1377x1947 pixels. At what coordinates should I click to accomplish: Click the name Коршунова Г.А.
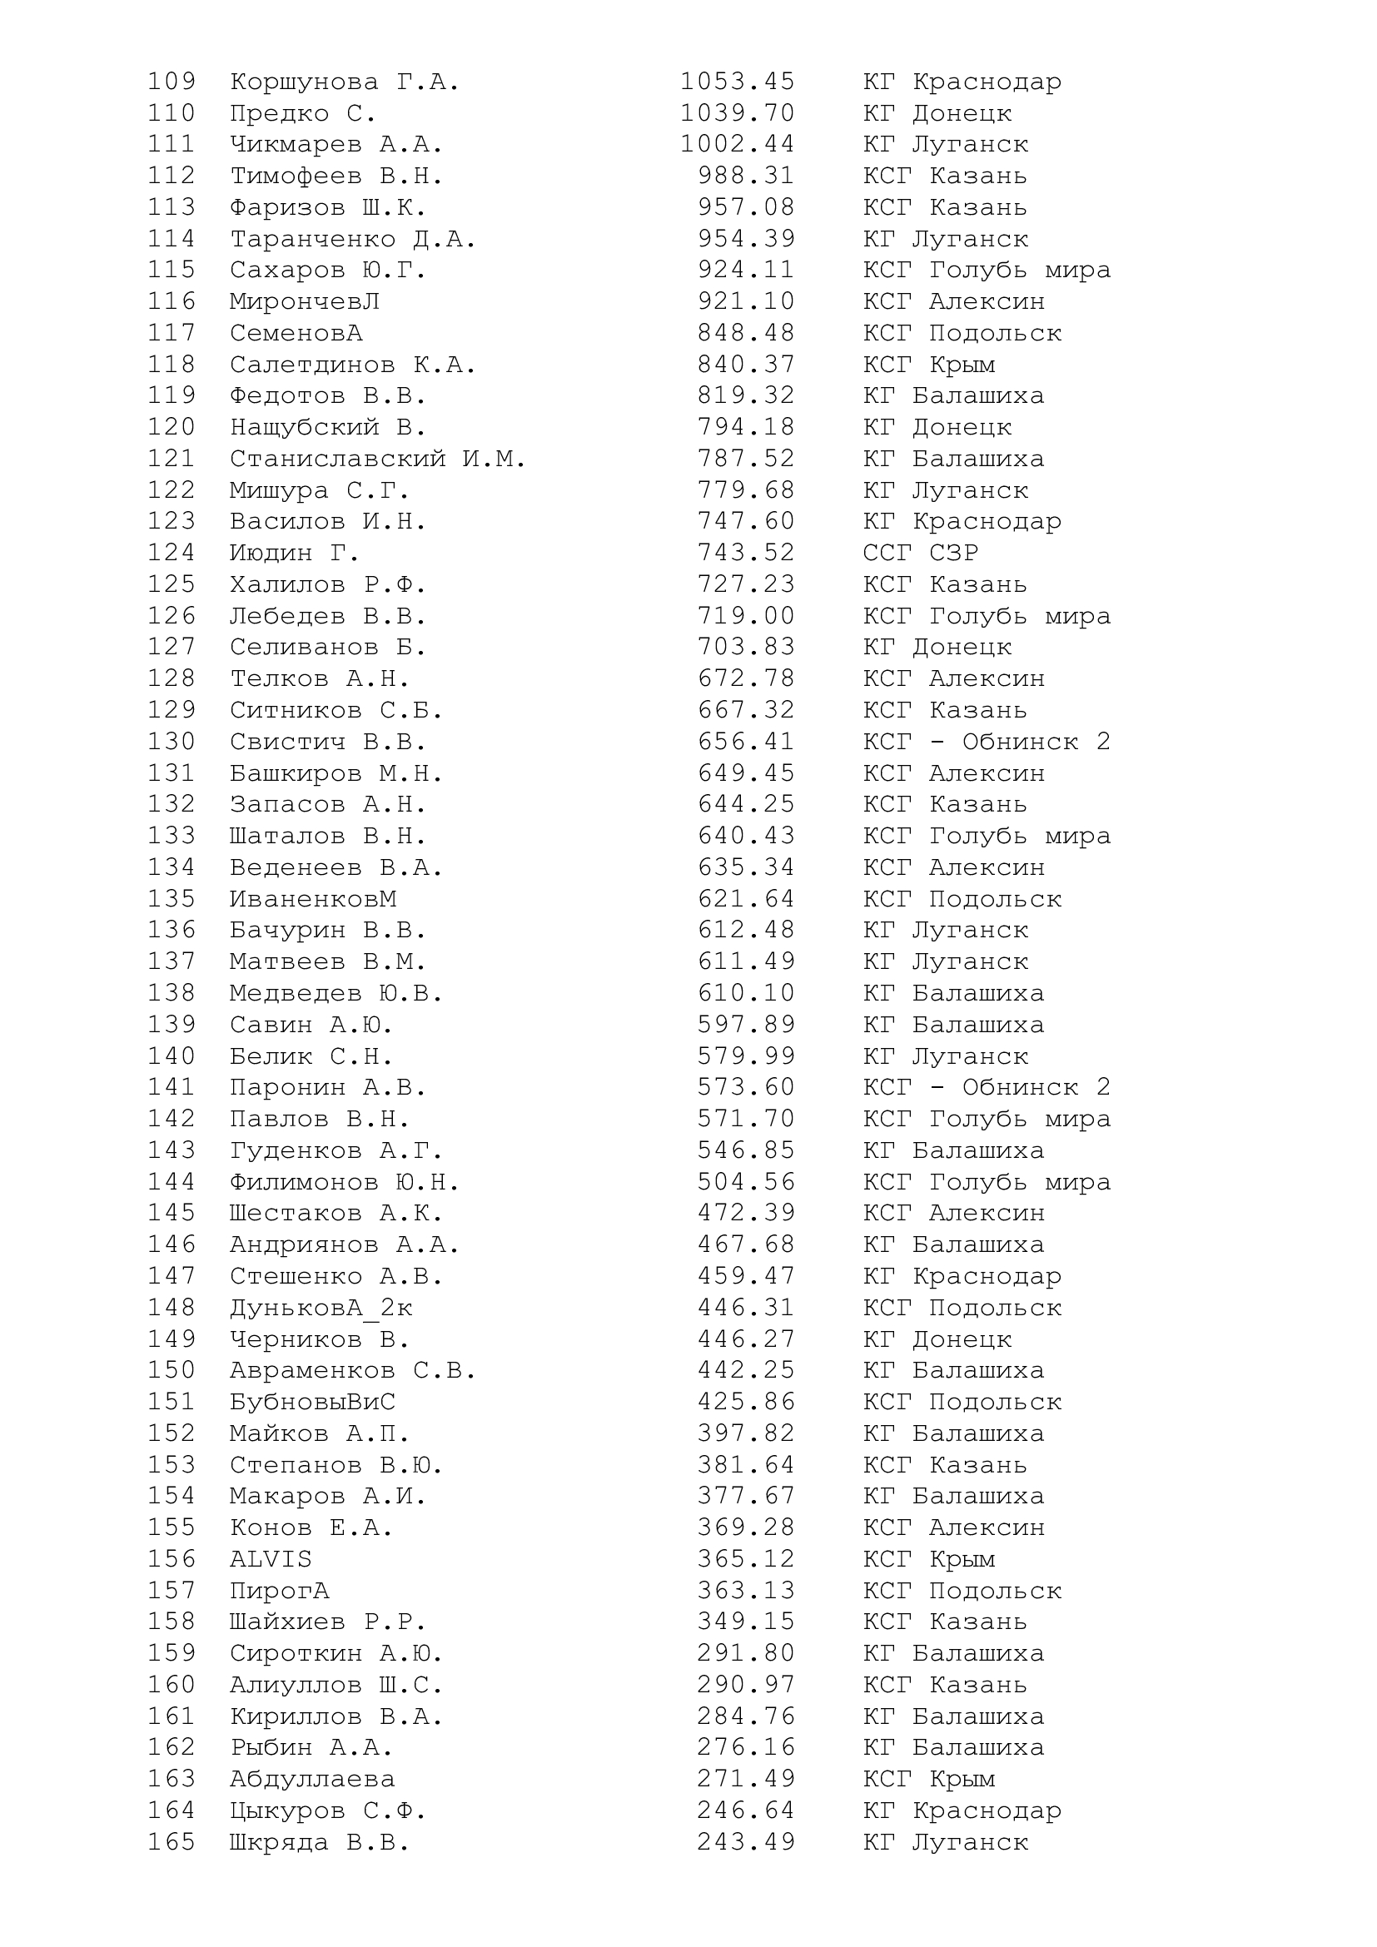coord(345,82)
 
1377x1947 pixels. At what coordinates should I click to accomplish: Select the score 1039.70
coord(737,114)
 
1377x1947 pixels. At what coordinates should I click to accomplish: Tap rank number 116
coord(172,302)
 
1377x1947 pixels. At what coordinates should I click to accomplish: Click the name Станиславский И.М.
coord(377,459)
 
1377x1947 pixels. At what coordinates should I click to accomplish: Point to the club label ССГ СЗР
coord(920,553)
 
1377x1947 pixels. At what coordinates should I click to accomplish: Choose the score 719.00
coord(746,616)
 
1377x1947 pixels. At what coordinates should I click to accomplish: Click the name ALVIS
coord(271,1558)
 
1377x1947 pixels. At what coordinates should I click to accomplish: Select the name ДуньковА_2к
coord(321,1308)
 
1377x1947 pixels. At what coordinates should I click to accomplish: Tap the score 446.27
coord(746,1339)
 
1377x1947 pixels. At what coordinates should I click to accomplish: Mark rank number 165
coord(172,1842)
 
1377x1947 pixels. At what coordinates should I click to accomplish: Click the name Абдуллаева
coord(312,1779)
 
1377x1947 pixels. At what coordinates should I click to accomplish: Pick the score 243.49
coord(746,1842)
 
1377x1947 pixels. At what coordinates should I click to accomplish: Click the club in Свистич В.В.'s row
coord(986,742)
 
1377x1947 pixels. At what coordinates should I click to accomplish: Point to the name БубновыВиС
coord(312,1402)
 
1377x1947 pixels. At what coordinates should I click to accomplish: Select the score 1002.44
coord(737,145)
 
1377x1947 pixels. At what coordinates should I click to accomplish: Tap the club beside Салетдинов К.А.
coord(928,365)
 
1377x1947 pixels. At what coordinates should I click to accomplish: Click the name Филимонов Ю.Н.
coord(345,1182)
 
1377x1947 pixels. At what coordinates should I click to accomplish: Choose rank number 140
coord(172,1056)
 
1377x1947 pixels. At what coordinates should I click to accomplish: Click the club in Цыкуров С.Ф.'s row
coord(962,1810)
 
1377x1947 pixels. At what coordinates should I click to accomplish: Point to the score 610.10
coord(746,993)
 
